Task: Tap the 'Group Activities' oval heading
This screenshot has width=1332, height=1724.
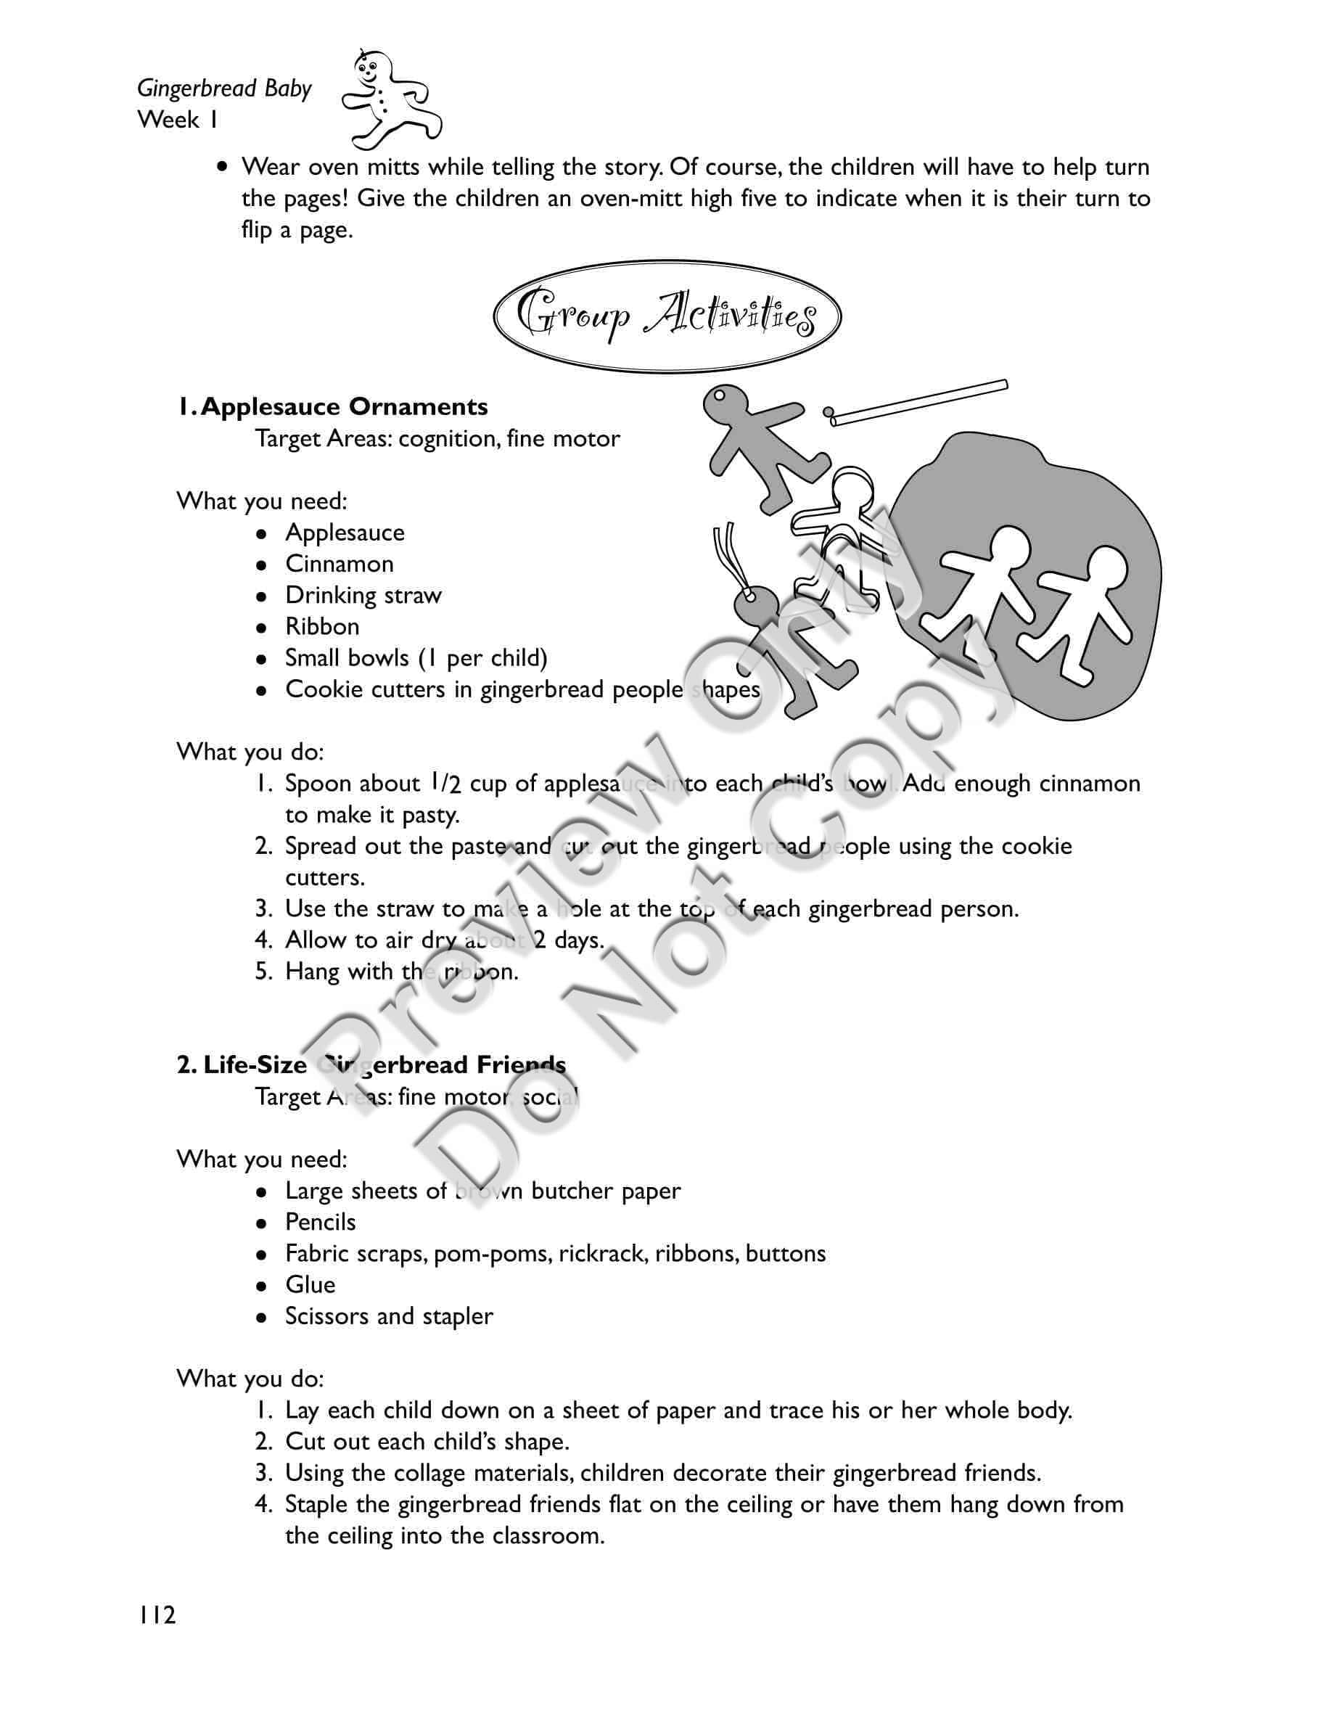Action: click(667, 317)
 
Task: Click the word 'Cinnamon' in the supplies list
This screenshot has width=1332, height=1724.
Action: click(340, 564)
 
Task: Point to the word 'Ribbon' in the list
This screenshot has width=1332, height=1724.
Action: click(322, 627)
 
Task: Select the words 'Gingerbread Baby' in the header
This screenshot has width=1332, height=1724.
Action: click(225, 89)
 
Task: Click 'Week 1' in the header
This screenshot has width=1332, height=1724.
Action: click(178, 120)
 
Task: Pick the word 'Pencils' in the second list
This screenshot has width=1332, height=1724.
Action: click(321, 1222)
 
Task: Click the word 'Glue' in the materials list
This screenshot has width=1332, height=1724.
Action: click(310, 1285)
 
